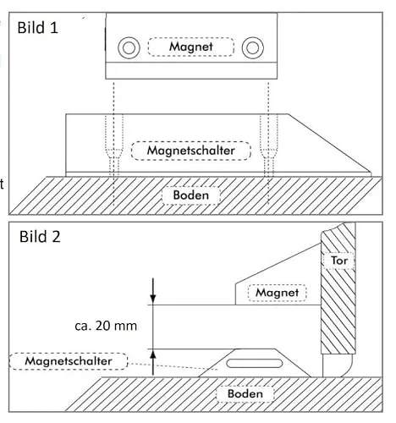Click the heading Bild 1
point(38,28)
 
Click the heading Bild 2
point(40,237)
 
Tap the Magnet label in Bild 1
point(191,47)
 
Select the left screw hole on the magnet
point(129,47)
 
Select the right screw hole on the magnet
point(253,47)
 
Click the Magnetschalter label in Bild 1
point(191,151)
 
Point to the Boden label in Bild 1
point(191,195)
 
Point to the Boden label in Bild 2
point(245,393)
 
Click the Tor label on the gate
point(339,261)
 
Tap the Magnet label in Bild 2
point(277,293)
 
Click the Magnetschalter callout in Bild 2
point(69,361)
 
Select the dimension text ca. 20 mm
point(106,326)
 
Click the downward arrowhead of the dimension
point(153,299)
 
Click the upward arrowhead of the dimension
point(153,355)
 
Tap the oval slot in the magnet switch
point(255,364)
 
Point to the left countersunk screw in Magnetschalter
point(114,146)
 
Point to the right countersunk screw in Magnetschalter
point(268,146)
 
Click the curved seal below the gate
point(338,365)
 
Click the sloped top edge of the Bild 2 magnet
point(278,263)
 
